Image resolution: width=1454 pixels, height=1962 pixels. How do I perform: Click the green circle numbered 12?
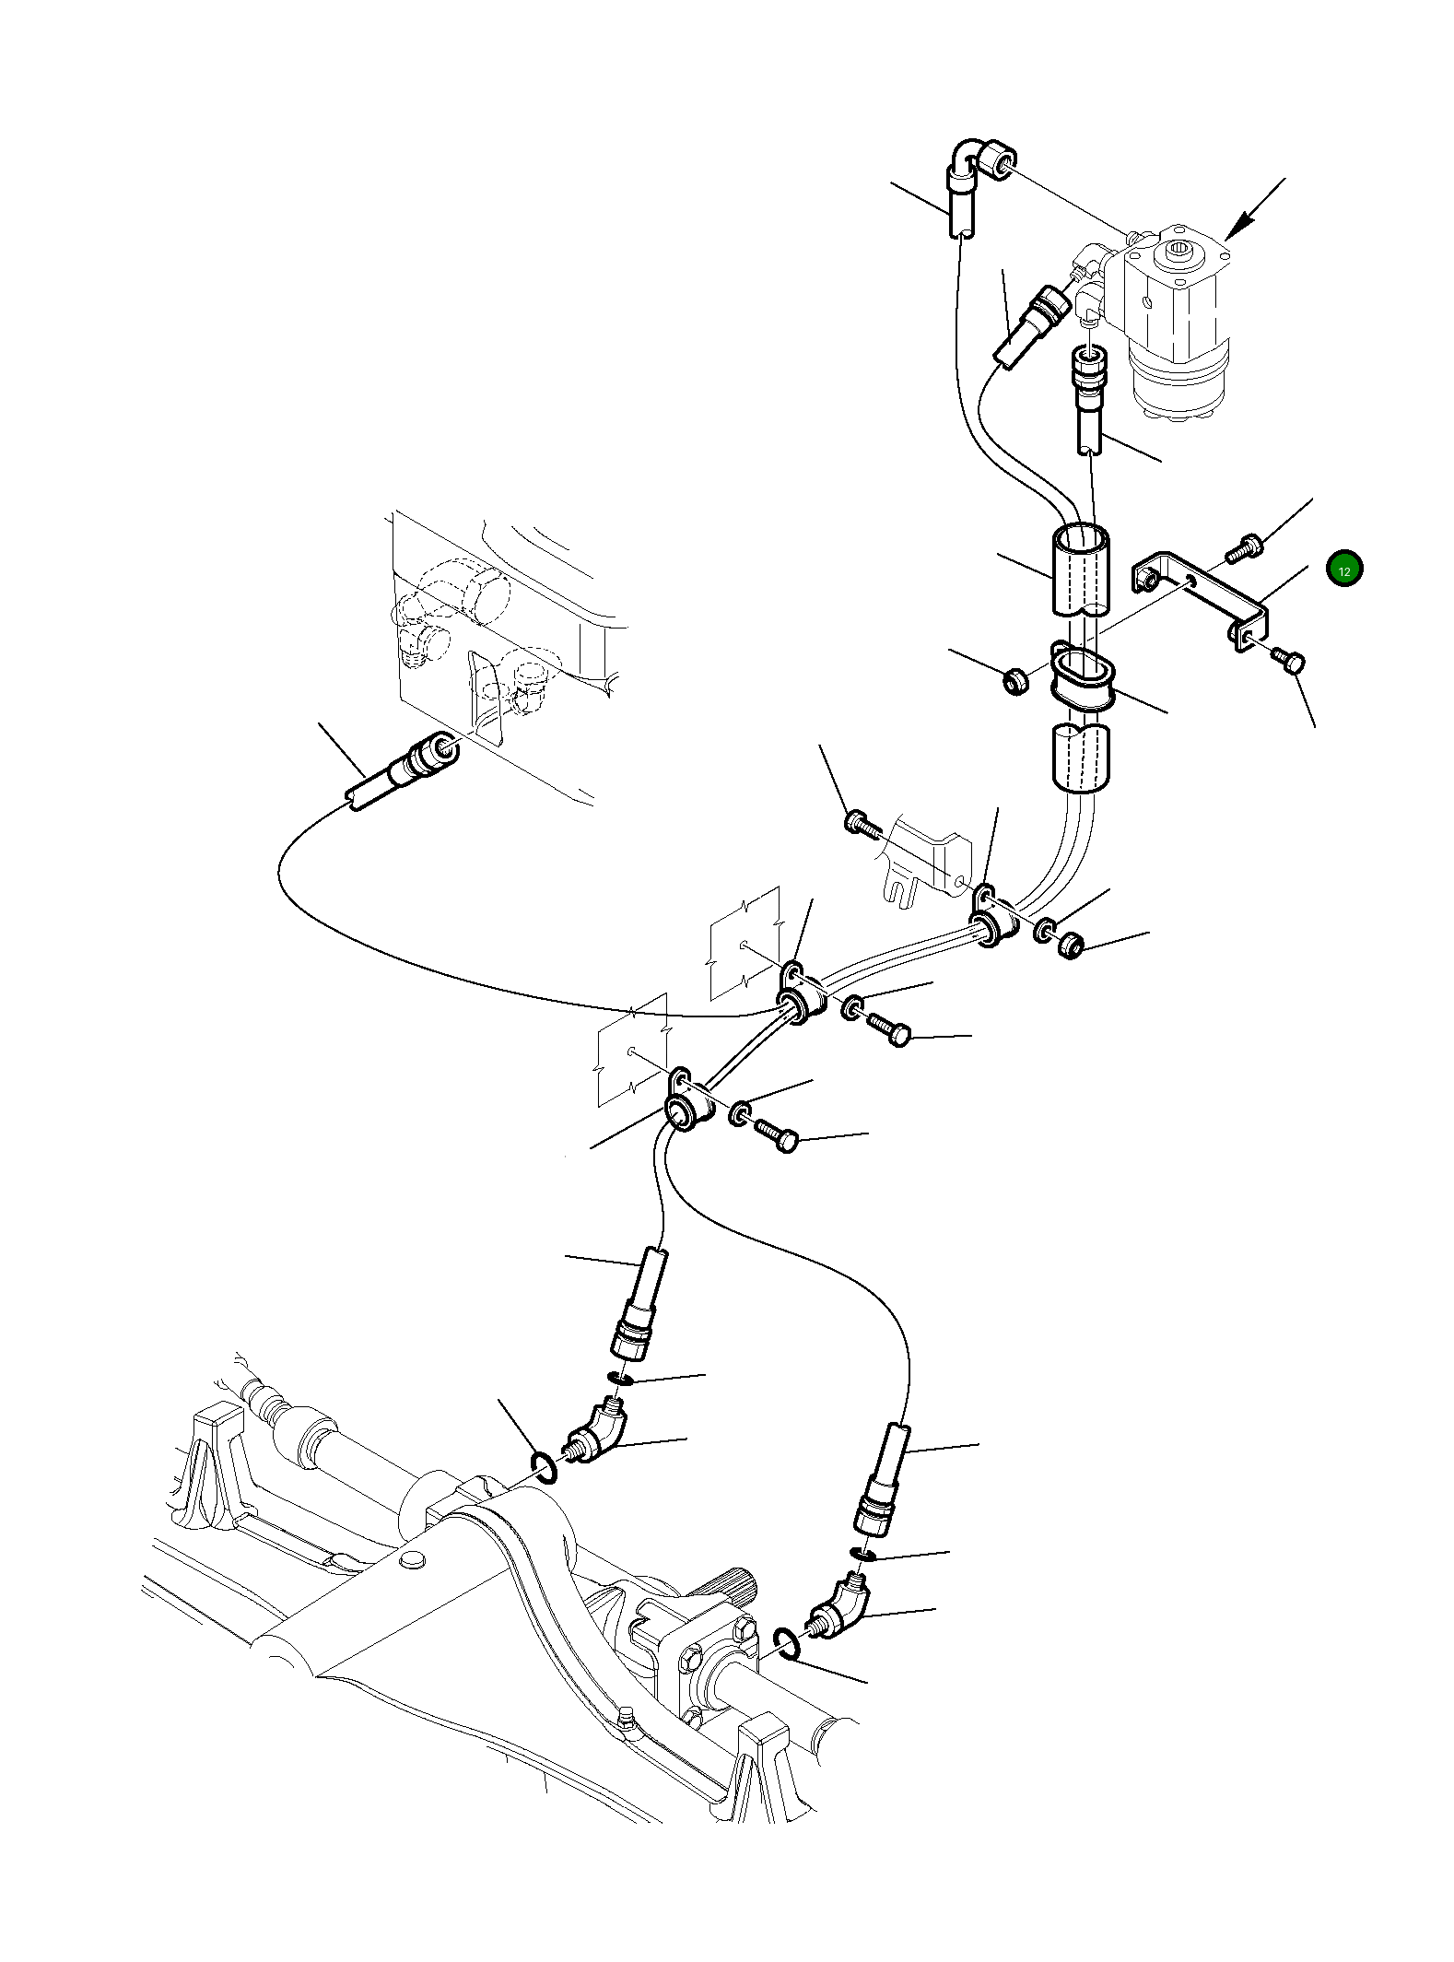coord(1343,570)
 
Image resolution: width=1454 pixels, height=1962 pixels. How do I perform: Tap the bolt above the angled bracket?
coord(1245,548)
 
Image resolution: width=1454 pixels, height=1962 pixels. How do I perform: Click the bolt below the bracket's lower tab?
coord(1288,659)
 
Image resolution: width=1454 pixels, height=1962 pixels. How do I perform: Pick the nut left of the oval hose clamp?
coord(1014,682)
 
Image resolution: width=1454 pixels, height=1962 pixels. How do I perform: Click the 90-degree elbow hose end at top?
coord(979,161)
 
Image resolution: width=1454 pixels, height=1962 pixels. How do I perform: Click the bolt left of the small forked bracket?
coord(862,822)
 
